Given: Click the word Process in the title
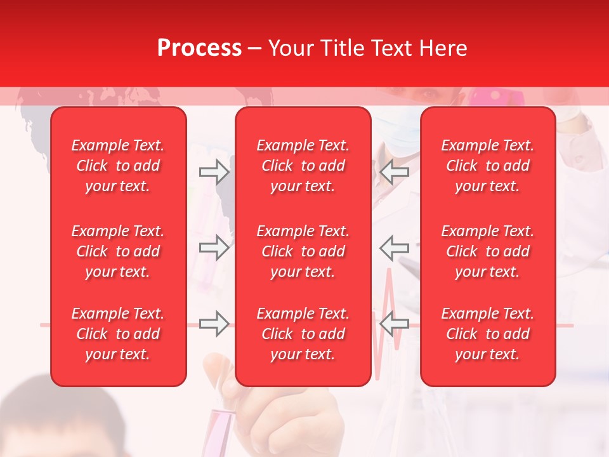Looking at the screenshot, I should [199, 48].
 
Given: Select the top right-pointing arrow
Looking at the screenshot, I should [214, 171].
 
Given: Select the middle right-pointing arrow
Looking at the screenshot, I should [214, 248].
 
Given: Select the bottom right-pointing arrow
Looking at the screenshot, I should [214, 324].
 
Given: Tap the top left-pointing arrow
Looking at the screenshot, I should [395, 171].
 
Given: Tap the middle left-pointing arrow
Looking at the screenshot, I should [395, 248].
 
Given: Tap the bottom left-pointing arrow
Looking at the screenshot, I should [395, 324].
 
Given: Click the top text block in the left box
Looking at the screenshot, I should [118, 166].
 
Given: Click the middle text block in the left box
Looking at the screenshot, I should [118, 251].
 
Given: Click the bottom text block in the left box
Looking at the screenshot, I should [118, 334].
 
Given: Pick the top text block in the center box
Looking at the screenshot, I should [303, 166].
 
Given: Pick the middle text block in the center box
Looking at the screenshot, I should [303, 251].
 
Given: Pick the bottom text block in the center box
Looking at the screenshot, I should [303, 334].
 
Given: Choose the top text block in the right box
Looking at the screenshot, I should [488, 166].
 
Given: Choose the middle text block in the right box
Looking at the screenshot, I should [488, 251].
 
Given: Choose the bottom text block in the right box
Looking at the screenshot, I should [488, 334].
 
